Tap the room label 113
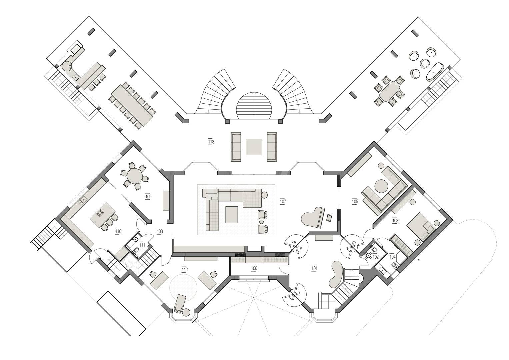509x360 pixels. [211, 142]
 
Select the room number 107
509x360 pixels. [283, 202]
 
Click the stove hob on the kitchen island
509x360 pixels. [100, 213]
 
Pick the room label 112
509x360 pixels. [185, 270]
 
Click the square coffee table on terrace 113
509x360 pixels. [254, 147]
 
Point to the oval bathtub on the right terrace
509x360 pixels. [435, 72]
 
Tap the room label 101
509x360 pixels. [314, 268]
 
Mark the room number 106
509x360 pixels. [254, 268]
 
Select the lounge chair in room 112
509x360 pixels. [180, 304]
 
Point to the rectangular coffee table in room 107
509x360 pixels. [232, 215]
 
